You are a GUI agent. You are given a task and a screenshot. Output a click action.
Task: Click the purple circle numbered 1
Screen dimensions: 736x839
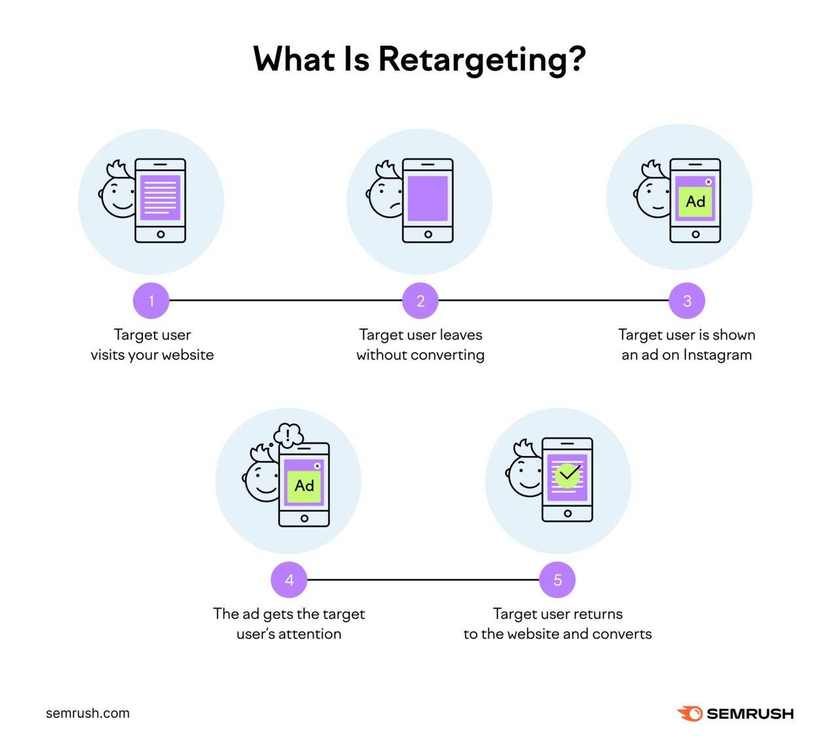click(x=151, y=301)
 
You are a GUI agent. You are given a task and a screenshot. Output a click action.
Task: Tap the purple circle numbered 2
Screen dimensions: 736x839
click(x=420, y=301)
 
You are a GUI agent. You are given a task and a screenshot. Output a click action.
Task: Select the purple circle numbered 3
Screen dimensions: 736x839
click(x=687, y=301)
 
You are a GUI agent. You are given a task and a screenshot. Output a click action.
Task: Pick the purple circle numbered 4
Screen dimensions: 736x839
click(x=289, y=580)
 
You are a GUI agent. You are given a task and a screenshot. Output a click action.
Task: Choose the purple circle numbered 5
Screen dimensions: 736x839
click(x=558, y=580)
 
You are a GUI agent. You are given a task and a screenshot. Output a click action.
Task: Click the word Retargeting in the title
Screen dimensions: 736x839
click(x=481, y=60)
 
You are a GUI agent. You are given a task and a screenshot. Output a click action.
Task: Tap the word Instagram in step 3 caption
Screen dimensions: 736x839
click(x=717, y=355)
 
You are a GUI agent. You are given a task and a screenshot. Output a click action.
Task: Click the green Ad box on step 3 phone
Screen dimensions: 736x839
click(x=695, y=202)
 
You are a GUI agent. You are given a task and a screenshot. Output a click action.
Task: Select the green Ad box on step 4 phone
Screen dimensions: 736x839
click(x=304, y=486)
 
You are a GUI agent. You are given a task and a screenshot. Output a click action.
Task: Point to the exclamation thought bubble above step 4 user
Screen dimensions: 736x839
click(x=288, y=435)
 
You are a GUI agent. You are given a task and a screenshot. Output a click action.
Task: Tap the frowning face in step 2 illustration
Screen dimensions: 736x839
click(x=386, y=197)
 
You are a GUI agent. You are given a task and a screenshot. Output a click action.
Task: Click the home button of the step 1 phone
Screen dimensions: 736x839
click(x=161, y=234)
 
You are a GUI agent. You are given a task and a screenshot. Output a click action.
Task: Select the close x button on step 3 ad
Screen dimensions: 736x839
click(x=709, y=182)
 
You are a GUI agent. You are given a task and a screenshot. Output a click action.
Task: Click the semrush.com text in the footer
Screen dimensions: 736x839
click(x=88, y=713)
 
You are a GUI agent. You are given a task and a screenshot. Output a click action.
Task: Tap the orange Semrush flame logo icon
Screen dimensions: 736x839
click(x=690, y=713)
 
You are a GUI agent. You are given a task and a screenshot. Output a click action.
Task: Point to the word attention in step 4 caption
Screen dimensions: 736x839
click(x=310, y=634)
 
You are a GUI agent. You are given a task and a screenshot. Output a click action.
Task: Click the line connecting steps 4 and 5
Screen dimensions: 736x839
click(x=423, y=580)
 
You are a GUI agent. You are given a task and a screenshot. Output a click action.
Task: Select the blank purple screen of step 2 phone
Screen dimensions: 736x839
click(x=428, y=198)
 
